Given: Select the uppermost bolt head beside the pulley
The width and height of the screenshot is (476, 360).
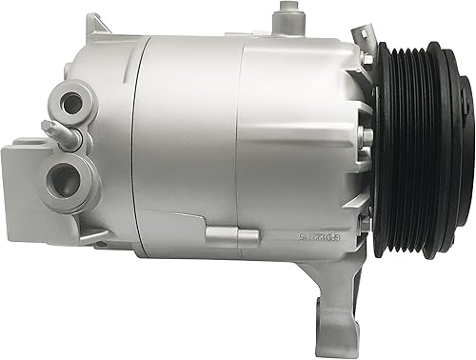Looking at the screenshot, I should click(x=367, y=61).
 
